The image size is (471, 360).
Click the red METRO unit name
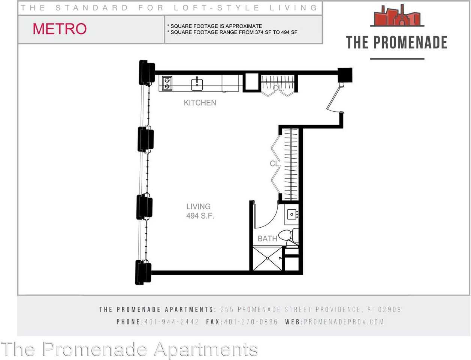(60, 29)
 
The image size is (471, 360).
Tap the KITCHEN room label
(200, 103)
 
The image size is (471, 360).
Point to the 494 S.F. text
(200, 216)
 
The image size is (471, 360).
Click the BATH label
(267, 238)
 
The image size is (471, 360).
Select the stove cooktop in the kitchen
(167, 83)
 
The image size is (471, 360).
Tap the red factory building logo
(397, 16)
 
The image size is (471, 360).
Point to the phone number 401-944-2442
(172, 322)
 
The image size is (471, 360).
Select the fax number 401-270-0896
(251, 322)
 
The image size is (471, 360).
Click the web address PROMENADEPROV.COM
(344, 322)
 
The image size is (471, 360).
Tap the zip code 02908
(389, 309)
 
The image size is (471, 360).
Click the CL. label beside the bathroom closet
(275, 164)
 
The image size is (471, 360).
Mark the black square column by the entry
(345, 75)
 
